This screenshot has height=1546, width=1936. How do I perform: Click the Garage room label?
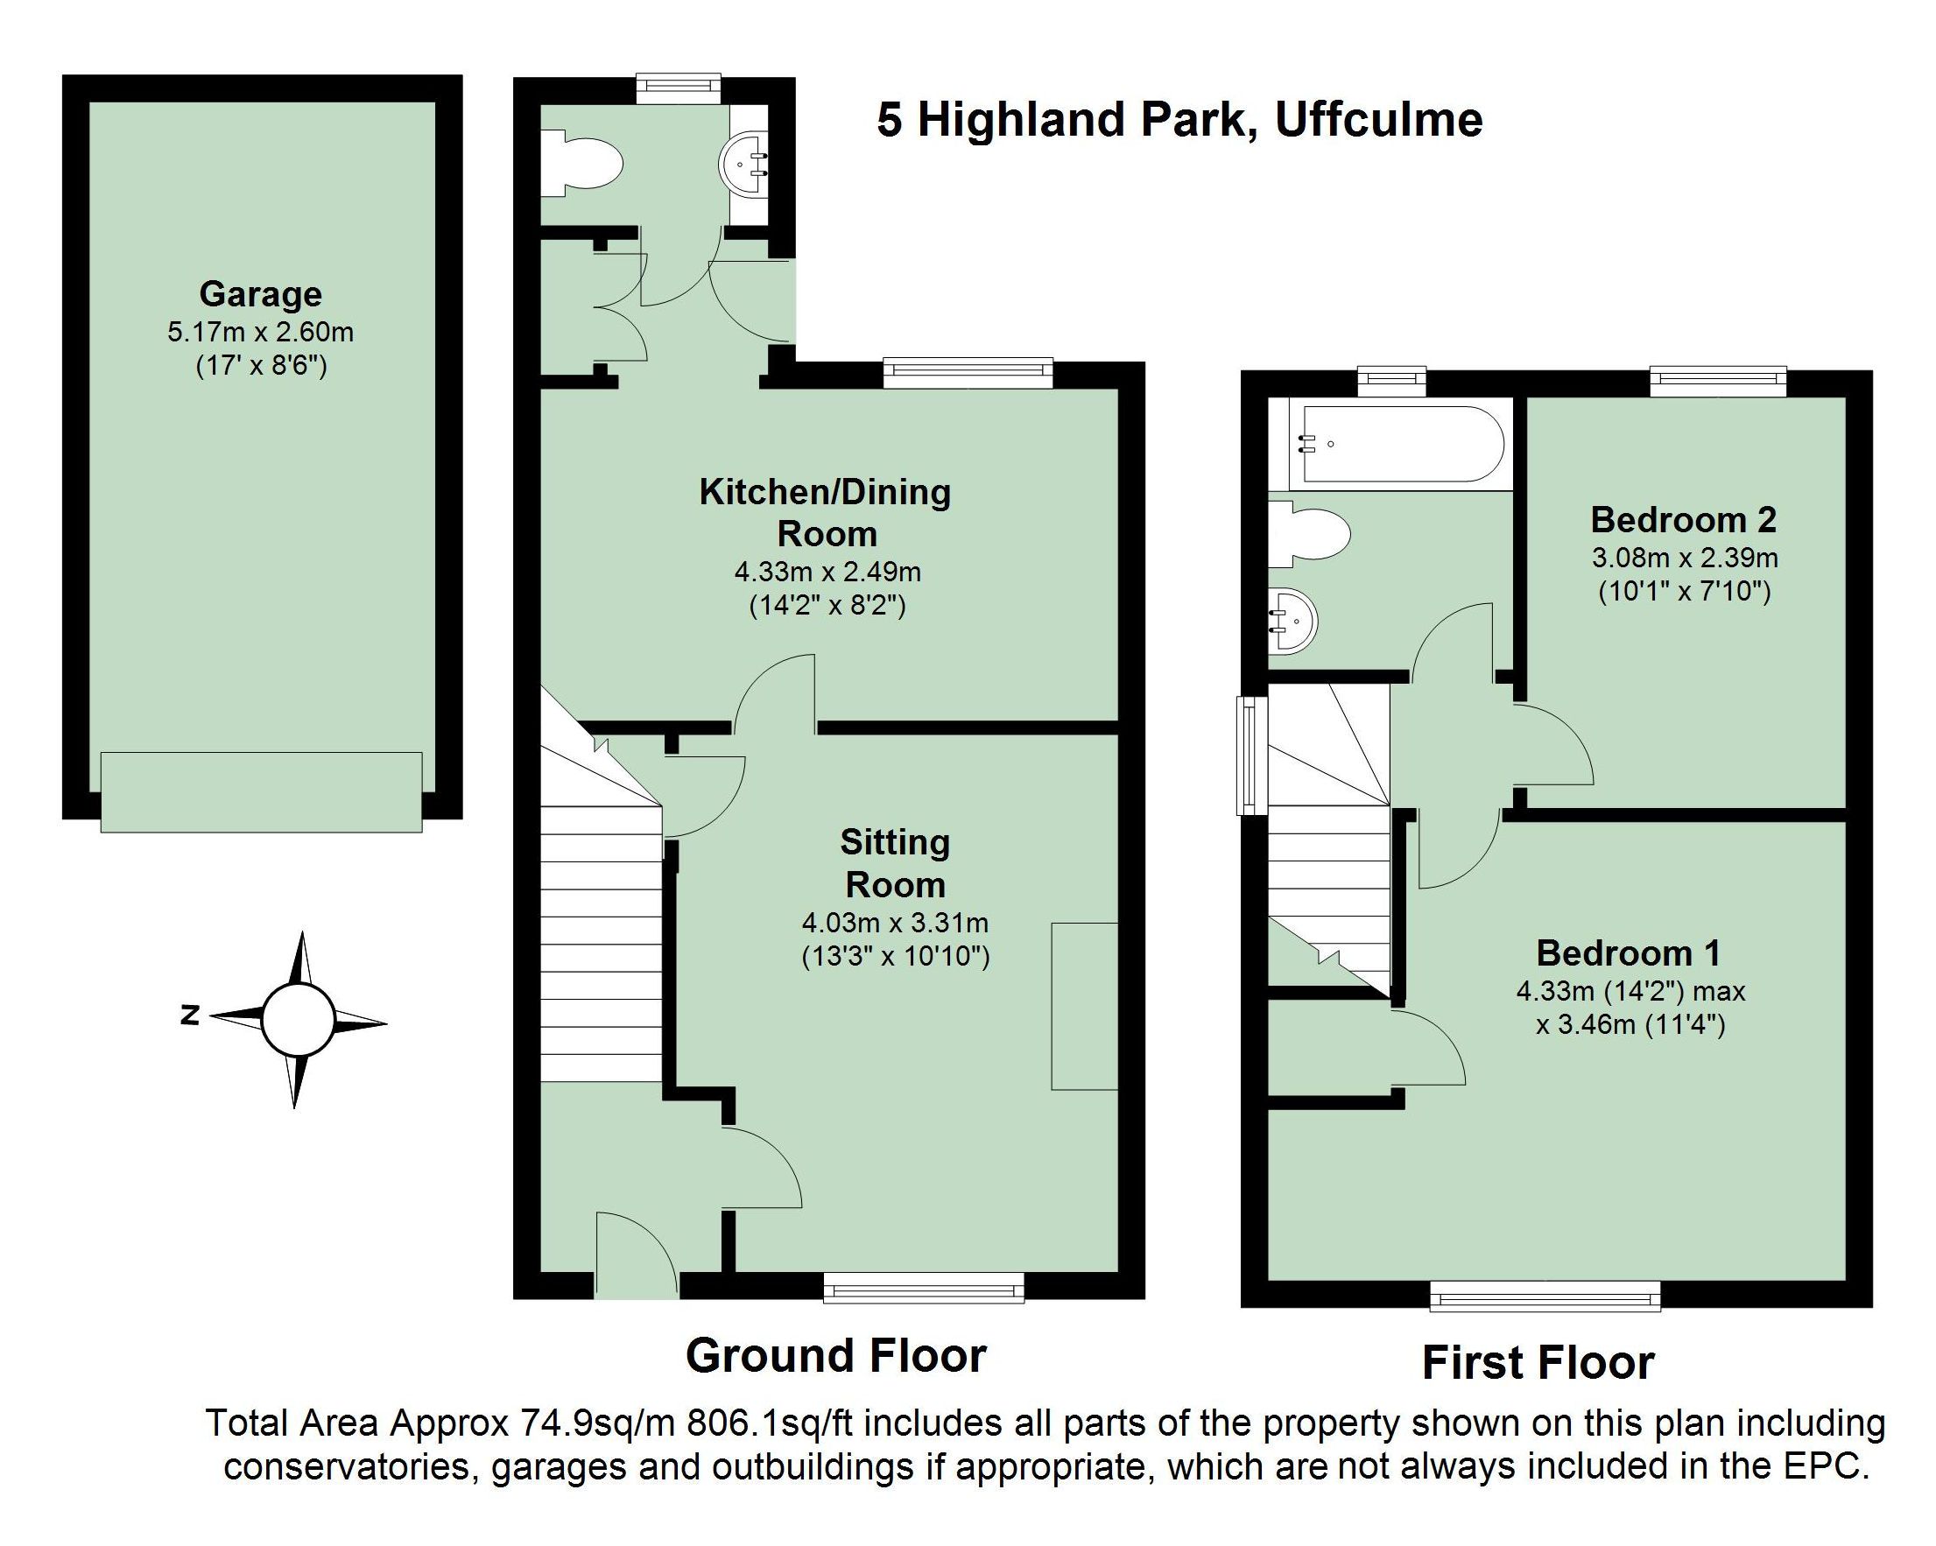click(260, 293)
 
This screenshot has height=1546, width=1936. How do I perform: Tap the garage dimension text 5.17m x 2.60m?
click(260, 332)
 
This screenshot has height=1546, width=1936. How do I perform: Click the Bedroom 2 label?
click(1684, 519)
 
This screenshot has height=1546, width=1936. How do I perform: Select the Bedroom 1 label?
click(1628, 952)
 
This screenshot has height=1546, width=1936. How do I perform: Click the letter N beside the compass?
click(189, 1015)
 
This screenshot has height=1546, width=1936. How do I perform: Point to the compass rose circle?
click(297, 1020)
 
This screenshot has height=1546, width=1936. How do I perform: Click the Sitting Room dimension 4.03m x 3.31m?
click(895, 922)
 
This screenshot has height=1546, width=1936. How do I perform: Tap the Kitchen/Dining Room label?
click(825, 512)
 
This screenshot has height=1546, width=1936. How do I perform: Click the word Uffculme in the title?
click(1378, 120)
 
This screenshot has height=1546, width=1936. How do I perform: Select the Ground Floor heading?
click(836, 1355)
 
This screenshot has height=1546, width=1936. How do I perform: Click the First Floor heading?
click(1538, 1363)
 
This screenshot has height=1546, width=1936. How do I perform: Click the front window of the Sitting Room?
click(924, 1290)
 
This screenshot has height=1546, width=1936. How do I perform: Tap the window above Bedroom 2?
click(1718, 382)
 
